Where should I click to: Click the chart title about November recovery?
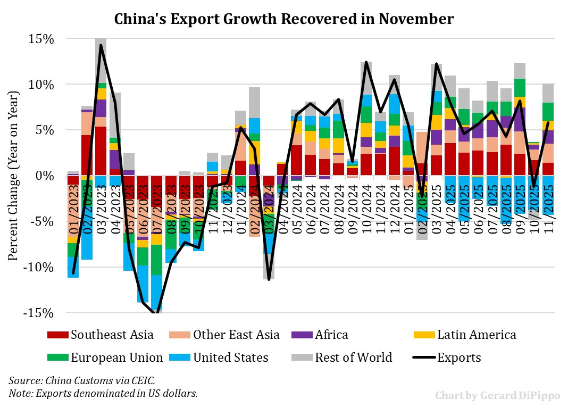284,20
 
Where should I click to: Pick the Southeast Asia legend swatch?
57,335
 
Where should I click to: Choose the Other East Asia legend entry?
236,335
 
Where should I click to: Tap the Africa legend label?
331,335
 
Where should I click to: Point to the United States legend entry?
230,357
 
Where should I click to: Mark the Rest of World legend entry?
353,357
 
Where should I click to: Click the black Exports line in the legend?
424,357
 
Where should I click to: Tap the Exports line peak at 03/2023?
101,45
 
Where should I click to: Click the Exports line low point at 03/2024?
269,279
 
